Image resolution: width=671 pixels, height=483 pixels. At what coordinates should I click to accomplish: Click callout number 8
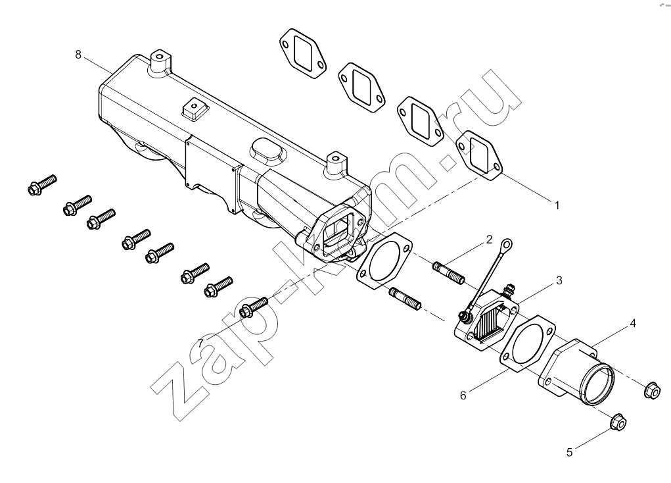point(78,55)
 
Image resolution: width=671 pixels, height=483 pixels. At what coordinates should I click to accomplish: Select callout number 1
point(557,206)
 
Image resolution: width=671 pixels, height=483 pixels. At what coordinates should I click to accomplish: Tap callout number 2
point(489,240)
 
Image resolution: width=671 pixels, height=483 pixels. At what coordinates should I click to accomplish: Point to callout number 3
point(559,281)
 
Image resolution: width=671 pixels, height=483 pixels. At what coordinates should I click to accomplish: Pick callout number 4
point(632,323)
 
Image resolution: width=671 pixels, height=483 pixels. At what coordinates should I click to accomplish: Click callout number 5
point(569,453)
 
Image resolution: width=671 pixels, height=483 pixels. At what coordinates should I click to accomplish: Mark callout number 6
point(463,395)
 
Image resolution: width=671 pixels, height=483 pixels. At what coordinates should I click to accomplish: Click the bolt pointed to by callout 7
point(254,307)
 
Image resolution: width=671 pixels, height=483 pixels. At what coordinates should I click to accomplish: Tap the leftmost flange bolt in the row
point(42,185)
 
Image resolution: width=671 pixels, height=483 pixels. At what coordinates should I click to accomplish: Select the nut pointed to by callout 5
point(618,422)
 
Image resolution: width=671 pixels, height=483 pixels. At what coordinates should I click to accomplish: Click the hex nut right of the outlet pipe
point(652,390)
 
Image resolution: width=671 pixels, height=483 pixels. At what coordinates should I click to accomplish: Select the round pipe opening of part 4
point(597,384)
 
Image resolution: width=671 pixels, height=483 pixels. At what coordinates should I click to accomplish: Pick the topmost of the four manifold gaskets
point(302,53)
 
